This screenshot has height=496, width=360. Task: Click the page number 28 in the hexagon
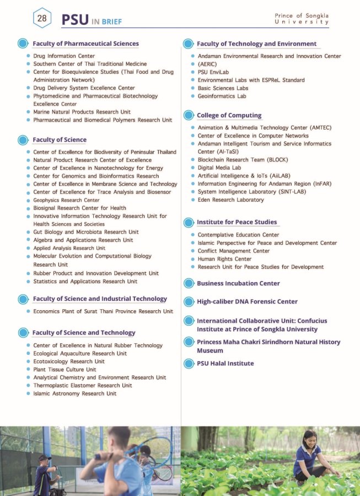pyautogui.click(x=42, y=18)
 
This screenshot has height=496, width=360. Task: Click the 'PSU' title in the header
pyautogui.click(x=75, y=20)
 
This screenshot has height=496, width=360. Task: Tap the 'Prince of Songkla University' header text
pyautogui.click(x=302, y=19)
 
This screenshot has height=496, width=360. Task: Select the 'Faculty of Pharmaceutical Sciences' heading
pyautogui.click(x=85, y=44)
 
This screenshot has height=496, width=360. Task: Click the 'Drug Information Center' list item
pyautogui.click(x=64, y=56)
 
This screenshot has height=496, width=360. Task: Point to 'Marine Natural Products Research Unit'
pyautogui.click(x=82, y=112)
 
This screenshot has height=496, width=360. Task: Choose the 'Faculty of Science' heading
pyautogui.click(x=60, y=139)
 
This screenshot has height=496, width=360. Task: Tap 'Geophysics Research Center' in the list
pyautogui.click(x=66, y=200)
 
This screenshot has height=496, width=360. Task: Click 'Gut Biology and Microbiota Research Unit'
pyautogui.click(x=85, y=232)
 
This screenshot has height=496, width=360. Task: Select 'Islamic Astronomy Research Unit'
pyautogui.click(x=74, y=393)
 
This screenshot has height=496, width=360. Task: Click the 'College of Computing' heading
pyautogui.click(x=229, y=115)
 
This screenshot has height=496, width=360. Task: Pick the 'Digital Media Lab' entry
pyautogui.click(x=219, y=168)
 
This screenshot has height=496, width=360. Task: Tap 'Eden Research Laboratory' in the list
pyautogui.click(x=230, y=200)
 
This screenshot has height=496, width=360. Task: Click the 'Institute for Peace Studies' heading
pyautogui.click(x=237, y=222)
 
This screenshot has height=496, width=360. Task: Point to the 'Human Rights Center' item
pyautogui.click(x=224, y=259)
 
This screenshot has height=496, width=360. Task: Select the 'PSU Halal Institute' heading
pyautogui.click(x=225, y=363)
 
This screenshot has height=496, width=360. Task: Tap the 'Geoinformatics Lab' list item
pyautogui.click(x=222, y=96)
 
